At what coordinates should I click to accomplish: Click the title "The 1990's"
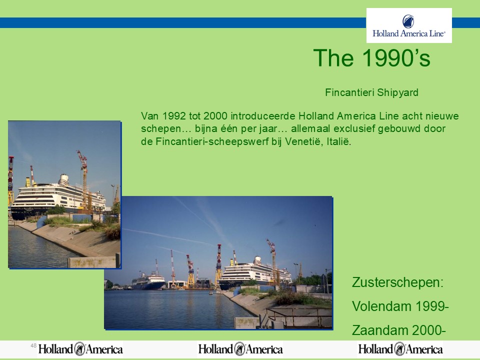coord(371,58)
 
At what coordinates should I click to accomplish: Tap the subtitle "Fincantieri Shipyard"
coord(371,92)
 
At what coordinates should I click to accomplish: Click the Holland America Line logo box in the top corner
coord(409,25)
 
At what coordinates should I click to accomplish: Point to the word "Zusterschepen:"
coord(397,282)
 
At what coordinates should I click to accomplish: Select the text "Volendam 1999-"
coord(400,306)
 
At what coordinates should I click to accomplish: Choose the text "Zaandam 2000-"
coord(398,330)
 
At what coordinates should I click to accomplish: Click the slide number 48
coord(33,345)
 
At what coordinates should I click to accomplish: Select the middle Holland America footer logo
coord(240,349)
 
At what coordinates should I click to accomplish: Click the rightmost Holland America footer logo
coord(400,349)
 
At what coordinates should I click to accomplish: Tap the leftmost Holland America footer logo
coord(80,349)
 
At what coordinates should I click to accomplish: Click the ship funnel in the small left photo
coord(63,179)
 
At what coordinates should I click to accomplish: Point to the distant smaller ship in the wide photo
coord(148,281)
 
